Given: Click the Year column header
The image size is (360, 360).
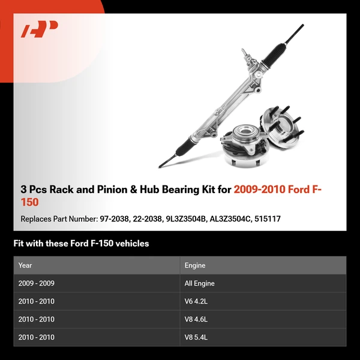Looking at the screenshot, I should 25,265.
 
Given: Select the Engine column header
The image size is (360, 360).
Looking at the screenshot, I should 195,265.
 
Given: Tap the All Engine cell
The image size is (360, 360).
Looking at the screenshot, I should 200,283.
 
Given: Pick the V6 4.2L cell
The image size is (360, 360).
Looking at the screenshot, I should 196,301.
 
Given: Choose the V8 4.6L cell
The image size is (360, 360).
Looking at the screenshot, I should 196,319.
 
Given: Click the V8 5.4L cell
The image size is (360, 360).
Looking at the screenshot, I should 196,337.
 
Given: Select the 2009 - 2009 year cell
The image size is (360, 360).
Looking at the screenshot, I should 37,283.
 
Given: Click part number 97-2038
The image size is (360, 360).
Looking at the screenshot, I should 112,219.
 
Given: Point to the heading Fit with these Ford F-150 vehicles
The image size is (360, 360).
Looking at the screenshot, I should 81,244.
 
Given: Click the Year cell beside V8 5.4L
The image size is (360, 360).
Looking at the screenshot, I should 37,337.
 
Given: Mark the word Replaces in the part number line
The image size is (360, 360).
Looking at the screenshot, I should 37,219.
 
